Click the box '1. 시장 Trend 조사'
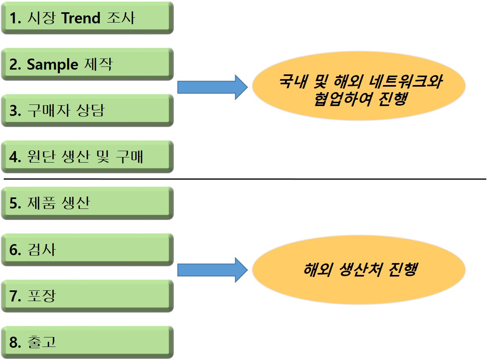87,18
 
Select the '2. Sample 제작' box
87,64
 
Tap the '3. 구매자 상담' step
87,110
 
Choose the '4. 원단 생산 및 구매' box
87,157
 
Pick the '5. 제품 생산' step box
87,203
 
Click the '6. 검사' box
87,250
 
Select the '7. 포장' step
87,296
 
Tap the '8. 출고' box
87,342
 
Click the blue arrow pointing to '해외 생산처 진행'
212,270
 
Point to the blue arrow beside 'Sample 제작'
212,87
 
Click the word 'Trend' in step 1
81,18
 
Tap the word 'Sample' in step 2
52,64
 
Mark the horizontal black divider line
245,179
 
